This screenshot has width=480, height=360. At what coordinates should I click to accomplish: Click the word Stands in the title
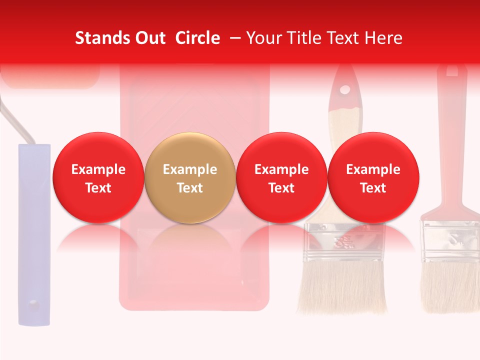[x=101, y=38]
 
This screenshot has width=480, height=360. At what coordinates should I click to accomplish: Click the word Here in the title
[x=383, y=38]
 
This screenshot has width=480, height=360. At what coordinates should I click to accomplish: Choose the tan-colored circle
[x=189, y=177]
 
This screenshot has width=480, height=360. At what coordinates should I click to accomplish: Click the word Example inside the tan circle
[x=189, y=169]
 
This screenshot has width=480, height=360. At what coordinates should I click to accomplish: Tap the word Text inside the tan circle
[x=189, y=188]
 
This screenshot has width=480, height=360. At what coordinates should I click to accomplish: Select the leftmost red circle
[x=98, y=177]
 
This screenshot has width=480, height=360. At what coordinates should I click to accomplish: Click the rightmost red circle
[x=373, y=177]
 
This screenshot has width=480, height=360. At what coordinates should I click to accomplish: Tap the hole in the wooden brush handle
[x=344, y=90]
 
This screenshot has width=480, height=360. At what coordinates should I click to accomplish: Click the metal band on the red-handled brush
[x=450, y=240]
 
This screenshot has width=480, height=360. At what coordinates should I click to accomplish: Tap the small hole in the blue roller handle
[x=33, y=303]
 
